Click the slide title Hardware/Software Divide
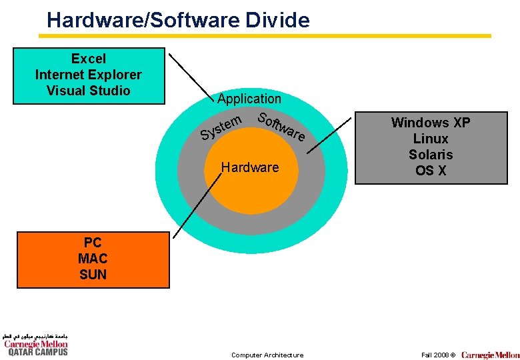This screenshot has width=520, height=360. pyautogui.click(x=178, y=19)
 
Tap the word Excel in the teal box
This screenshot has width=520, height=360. pyautogui.click(x=89, y=59)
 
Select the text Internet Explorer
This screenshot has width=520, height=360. pyautogui.click(x=89, y=75)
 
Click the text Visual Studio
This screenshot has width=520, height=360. pyautogui.click(x=89, y=91)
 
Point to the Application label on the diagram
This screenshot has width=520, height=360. pyautogui.click(x=249, y=99)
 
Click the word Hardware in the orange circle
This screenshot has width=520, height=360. pyautogui.click(x=250, y=167)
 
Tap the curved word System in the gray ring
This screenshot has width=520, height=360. pyautogui.click(x=221, y=128)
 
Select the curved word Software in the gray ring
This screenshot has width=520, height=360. pyautogui.click(x=282, y=127)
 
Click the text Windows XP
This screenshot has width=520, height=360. pyautogui.click(x=431, y=123)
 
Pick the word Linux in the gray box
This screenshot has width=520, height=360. pyautogui.click(x=431, y=139)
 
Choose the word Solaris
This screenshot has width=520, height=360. pyautogui.click(x=431, y=155)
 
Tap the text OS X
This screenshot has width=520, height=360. pyautogui.click(x=431, y=171)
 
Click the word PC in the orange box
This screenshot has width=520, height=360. pyautogui.click(x=93, y=243)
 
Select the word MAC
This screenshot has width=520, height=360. pyautogui.click(x=93, y=259)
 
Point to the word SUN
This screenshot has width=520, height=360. pyautogui.click(x=93, y=275)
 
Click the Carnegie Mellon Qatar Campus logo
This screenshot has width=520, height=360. pyautogui.click(x=35, y=345)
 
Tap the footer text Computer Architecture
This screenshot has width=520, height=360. pyautogui.click(x=267, y=355)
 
